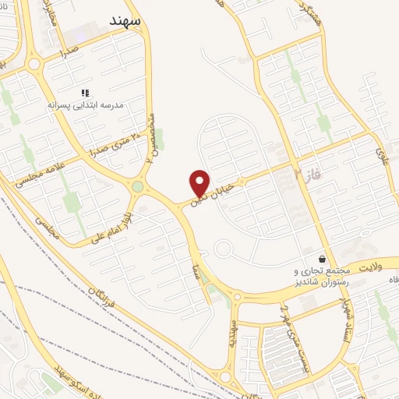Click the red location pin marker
coord(200,182)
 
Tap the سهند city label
coord(125,20)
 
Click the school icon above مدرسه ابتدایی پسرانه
coord(85,93)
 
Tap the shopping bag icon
coord(323,258)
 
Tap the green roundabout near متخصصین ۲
coord(138,186)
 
